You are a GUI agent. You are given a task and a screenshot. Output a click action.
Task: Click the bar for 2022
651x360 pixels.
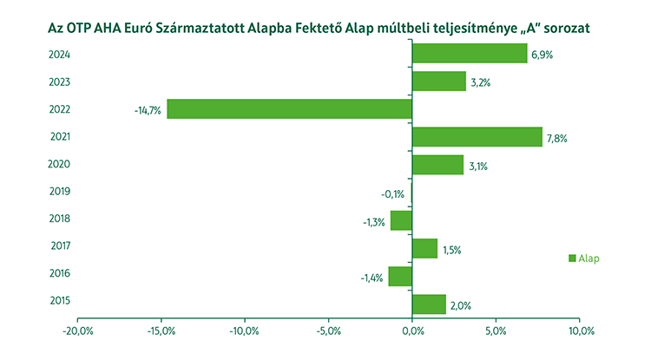pos(289,108)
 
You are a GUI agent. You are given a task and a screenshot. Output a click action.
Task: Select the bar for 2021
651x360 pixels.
pos(477,136)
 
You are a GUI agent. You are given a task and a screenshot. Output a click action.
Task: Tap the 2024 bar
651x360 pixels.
pos(470,54)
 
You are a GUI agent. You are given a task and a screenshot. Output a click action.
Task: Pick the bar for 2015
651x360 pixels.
pos(429,304)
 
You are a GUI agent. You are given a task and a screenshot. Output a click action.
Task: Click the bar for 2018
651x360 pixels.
pos(401,220)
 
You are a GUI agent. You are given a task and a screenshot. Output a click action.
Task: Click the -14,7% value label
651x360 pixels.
pos(148,109)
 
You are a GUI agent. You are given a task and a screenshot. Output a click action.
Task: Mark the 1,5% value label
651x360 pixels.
pos(450,250)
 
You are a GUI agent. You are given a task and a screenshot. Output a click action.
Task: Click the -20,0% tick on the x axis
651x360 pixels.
pos(78,331)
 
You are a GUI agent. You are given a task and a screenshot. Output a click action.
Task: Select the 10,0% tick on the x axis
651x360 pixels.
pos(579,331)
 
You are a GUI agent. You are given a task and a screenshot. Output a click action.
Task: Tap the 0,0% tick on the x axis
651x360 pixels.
pos(412,331)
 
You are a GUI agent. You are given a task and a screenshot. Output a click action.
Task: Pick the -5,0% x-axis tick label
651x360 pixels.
pos(328,331)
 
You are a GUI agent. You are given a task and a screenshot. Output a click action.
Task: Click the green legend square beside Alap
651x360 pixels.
pos(572,258)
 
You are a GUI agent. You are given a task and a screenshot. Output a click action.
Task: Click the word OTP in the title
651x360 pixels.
pos(78,28)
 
